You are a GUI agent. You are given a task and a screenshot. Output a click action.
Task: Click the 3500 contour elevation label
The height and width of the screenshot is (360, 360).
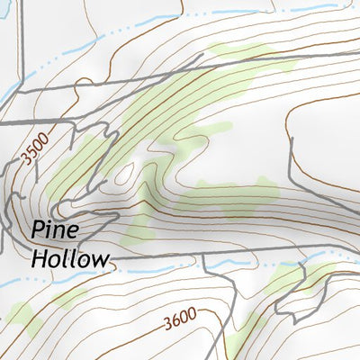[35, 146]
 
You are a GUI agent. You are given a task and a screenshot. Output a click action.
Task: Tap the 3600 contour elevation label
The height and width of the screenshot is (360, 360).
[180, 320]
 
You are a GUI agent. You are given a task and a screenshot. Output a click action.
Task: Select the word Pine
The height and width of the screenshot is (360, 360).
[55, 230]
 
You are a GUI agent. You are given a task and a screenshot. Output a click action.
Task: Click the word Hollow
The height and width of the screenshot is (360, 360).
[70, 259]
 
